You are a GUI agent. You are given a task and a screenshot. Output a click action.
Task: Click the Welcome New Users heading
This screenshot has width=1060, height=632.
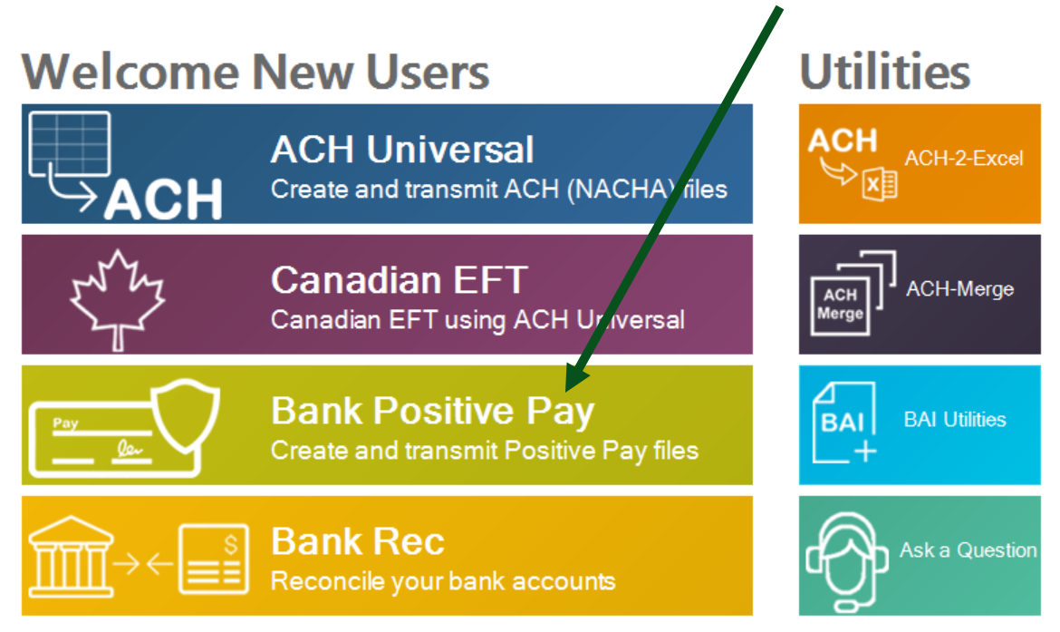click(x=255, y=71)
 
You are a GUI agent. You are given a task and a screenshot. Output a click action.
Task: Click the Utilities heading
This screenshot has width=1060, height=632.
click(x=884, y=71)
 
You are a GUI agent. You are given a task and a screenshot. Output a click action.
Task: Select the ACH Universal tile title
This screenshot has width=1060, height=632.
click(x=402, y=150)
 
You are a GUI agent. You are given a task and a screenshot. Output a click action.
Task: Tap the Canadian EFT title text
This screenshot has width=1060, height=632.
click(x=399, y=280)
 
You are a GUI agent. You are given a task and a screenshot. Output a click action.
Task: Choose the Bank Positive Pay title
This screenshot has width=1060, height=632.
click(x=432, y=411)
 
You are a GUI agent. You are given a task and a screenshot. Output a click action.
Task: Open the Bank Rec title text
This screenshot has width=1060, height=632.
click(x=358, y=541)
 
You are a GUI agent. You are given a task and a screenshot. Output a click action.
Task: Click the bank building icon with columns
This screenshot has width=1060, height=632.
click(x=71, y=559)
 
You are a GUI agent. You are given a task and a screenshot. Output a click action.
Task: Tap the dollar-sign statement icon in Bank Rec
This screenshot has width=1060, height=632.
click(x=213, y=559)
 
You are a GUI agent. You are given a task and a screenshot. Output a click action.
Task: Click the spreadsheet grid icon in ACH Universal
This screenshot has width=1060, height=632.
click(x=70, y=143)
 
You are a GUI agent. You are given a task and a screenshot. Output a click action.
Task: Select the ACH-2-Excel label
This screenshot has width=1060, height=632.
click(x=963, y=159)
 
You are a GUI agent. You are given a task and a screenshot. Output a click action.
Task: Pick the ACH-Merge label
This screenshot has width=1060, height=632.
click(x=959, y=289)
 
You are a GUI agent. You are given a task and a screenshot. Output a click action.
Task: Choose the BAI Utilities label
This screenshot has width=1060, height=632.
click(x=955, y=420)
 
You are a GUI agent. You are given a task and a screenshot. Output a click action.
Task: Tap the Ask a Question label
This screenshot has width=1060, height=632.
click(x=968, y=550)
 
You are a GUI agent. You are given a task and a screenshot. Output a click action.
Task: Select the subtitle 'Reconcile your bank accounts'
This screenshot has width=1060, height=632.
click(x=443, y=581)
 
